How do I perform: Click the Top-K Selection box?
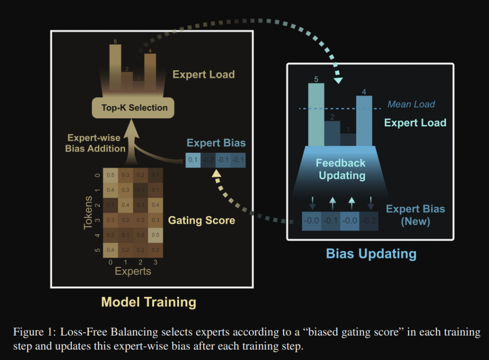click(x=134, y=107)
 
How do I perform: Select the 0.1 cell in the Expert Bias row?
click(x=192, y=160)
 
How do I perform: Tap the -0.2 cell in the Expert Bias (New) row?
click(x=369, y=221)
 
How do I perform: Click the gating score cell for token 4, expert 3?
click(x=155, y=236)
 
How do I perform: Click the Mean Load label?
click(x=411, y=104)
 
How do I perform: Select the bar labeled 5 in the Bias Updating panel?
click(x=316, y=115)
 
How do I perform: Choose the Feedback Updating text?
click(x=341, y=169)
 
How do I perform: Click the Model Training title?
click(x=149, y=302)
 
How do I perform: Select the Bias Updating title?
click(x=371, y=253)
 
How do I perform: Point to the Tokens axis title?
click(x=88, y=211)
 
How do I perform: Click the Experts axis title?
click(x=133, y=271)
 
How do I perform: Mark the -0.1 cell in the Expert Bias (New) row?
click(x=330, y=221)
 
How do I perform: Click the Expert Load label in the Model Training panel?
click(x=203, y=74)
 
